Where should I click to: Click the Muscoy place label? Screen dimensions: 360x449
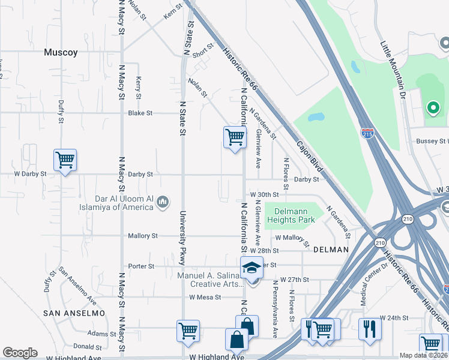[x=61, y=52]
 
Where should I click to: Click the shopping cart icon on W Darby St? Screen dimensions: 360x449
[x=65, y=160]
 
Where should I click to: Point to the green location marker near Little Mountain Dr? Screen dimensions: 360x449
[x=432, y=108]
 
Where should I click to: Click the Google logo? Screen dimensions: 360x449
[x=19, y=353]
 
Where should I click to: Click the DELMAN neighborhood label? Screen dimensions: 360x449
[x=330, y=249]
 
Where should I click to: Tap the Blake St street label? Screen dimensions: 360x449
[x=140, y=113]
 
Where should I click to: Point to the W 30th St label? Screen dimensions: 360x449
[x=265, y=194]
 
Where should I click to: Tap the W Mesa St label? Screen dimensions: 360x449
[x=205, y=296]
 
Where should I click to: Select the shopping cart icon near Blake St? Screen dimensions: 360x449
[x=234, y=137]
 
